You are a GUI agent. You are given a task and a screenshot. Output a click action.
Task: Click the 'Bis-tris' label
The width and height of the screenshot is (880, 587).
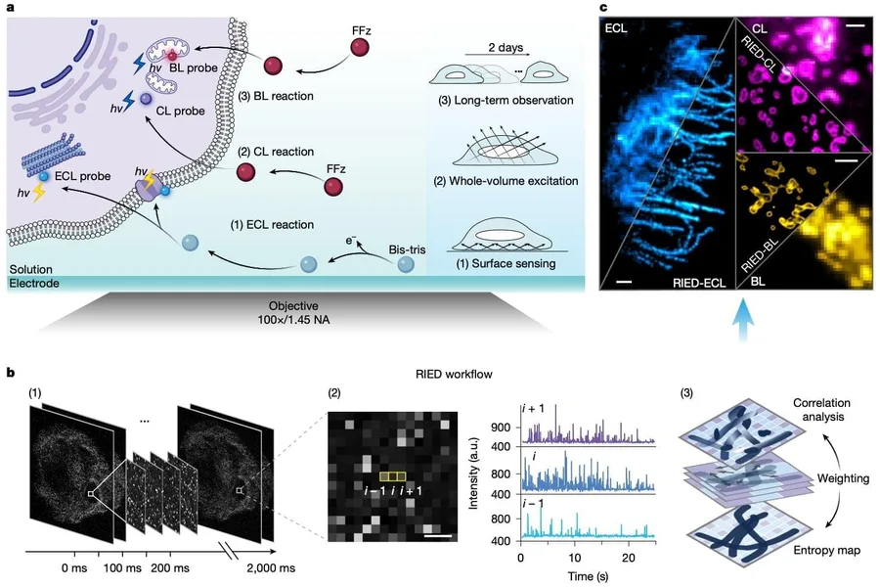pos(407,249)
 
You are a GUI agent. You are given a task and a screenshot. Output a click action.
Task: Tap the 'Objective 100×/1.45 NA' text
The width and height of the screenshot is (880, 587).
pos(293,313)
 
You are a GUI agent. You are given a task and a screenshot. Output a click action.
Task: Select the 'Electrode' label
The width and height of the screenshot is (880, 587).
pos(34,283)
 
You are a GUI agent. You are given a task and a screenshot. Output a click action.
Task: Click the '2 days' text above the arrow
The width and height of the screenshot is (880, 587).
pos(506,48)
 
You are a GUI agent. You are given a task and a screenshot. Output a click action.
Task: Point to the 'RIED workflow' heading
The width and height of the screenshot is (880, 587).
pos(454,374)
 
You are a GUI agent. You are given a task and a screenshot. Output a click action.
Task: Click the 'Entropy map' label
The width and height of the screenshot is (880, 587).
pos(826,550)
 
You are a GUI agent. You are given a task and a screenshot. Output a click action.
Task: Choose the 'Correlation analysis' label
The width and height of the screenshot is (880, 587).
pos(821,410)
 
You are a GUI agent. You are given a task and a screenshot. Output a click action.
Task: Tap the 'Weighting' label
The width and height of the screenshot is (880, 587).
pos(843,478)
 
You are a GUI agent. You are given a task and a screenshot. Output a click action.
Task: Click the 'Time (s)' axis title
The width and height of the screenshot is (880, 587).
pos(588,576)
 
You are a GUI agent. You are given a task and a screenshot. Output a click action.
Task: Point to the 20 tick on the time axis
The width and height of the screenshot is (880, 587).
pos(629,558)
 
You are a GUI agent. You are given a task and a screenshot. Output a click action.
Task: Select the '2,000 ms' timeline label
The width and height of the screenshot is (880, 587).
pos(271,567)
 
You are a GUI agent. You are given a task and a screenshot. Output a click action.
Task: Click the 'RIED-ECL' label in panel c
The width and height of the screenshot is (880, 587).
pos(699,283)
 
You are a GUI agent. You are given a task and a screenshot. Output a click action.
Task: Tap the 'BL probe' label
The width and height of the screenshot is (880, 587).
pos(194,68)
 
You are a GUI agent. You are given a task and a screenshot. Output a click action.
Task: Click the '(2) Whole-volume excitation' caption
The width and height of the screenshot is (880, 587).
pos(506,181)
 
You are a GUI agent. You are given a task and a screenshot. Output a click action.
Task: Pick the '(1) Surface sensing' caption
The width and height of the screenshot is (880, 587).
pos(506,263)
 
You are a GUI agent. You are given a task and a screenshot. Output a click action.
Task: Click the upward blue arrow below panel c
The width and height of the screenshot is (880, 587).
pos(743,320)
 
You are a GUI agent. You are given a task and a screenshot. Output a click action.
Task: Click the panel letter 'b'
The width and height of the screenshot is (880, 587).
pos(11,373)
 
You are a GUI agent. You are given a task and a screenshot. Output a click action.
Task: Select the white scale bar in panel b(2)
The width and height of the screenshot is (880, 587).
pos(438,535)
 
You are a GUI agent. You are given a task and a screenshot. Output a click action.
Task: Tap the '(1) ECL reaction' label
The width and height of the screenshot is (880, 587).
pos(272,225)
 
